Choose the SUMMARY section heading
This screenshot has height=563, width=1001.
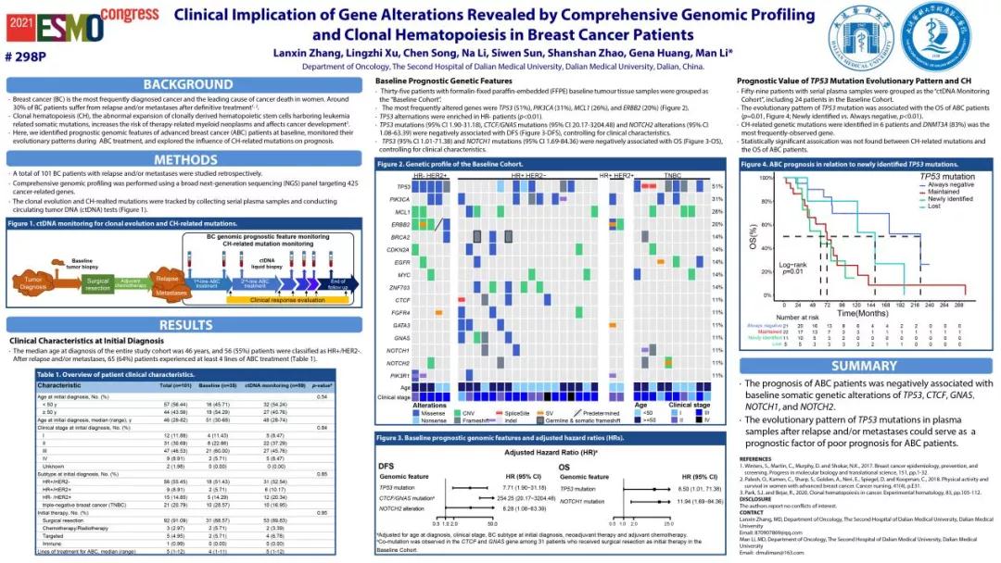[x=864, y=366]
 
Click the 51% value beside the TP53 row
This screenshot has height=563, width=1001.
[x=716, y=186]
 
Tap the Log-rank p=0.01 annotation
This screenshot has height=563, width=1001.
[x=767, y=268]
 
